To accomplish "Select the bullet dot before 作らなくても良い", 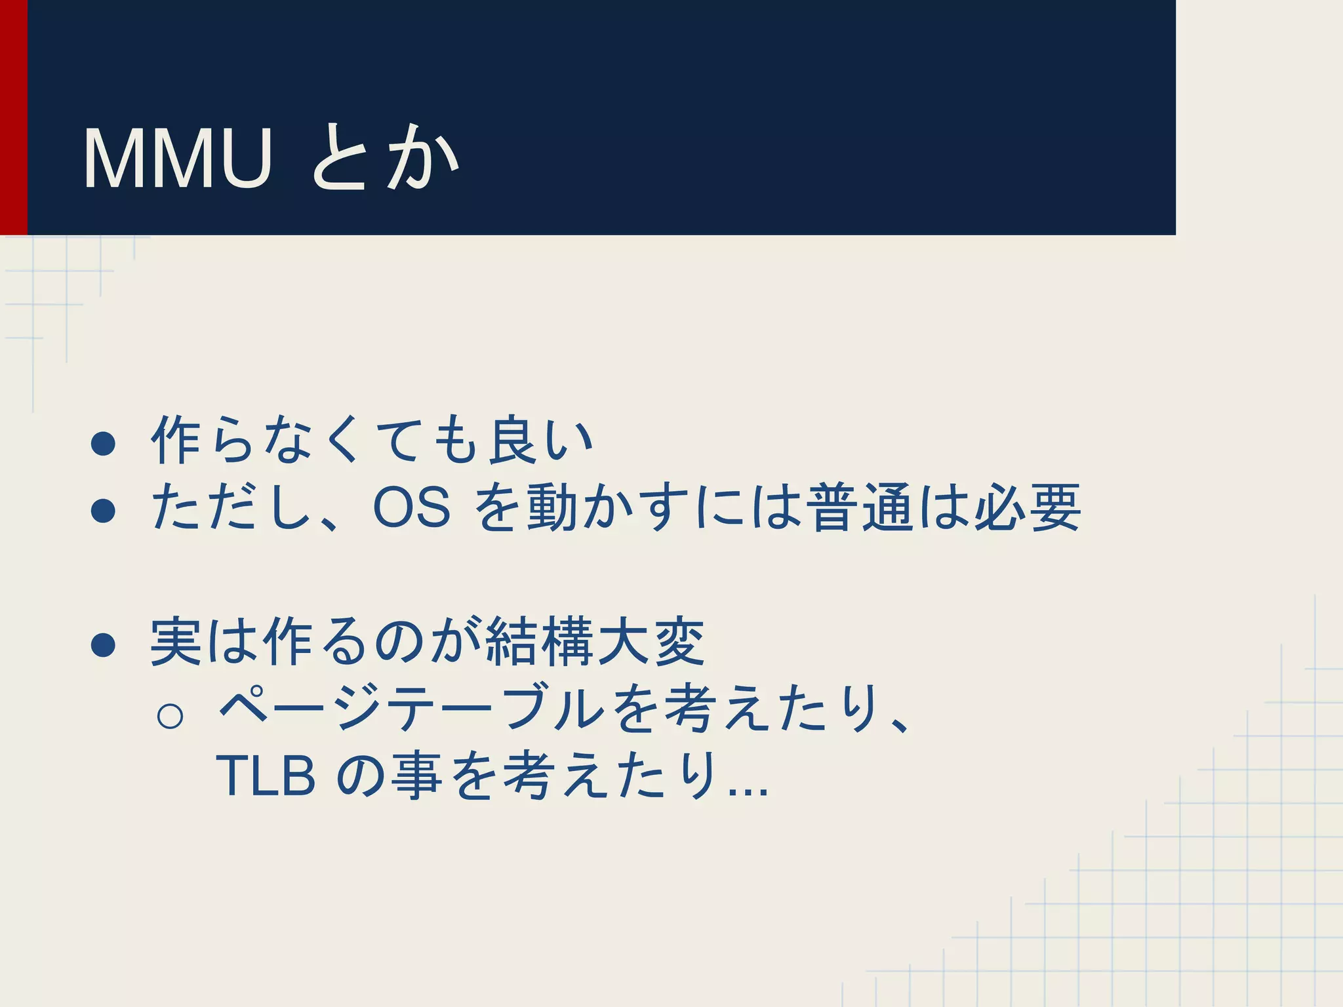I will click(104, 443).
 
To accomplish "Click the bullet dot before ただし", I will click(104, 510).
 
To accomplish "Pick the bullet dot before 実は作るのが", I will click(104, 644).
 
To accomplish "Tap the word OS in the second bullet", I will click(411, 508).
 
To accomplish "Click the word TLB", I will click(266, 776).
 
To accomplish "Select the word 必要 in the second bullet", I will click(1026, 508).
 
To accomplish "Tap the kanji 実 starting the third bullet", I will click(176, 642).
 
